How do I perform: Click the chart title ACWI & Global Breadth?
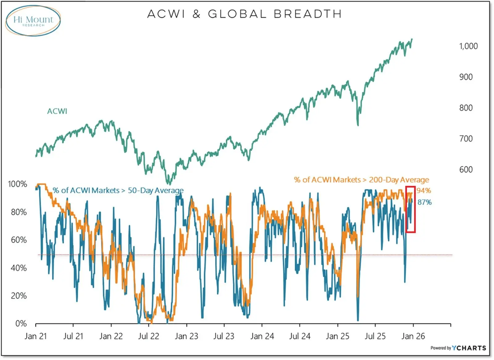[244, 14]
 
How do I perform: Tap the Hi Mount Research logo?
[33, 20]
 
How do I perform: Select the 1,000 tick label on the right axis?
[468, 46]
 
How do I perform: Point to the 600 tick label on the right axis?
[466, 170]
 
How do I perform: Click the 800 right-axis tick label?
[466, 108]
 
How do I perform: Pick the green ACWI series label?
[57, 111]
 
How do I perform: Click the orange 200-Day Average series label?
[361, 180]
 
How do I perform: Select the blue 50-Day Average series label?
[118, 190]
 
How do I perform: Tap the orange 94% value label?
[424, 190]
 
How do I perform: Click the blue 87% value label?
[425, 202]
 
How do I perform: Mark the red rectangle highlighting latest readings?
[410, 209]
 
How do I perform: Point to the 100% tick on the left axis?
[18, 184]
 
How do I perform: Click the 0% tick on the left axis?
[21, 323]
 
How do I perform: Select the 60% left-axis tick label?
[19, 240]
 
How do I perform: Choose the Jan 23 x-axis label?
[186, 336]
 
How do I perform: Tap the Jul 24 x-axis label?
[299, 336]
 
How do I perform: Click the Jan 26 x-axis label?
[413, 336]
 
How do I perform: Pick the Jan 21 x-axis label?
[36, 336]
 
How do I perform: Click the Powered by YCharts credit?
[458, 348]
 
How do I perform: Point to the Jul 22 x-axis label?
[149, 336]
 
